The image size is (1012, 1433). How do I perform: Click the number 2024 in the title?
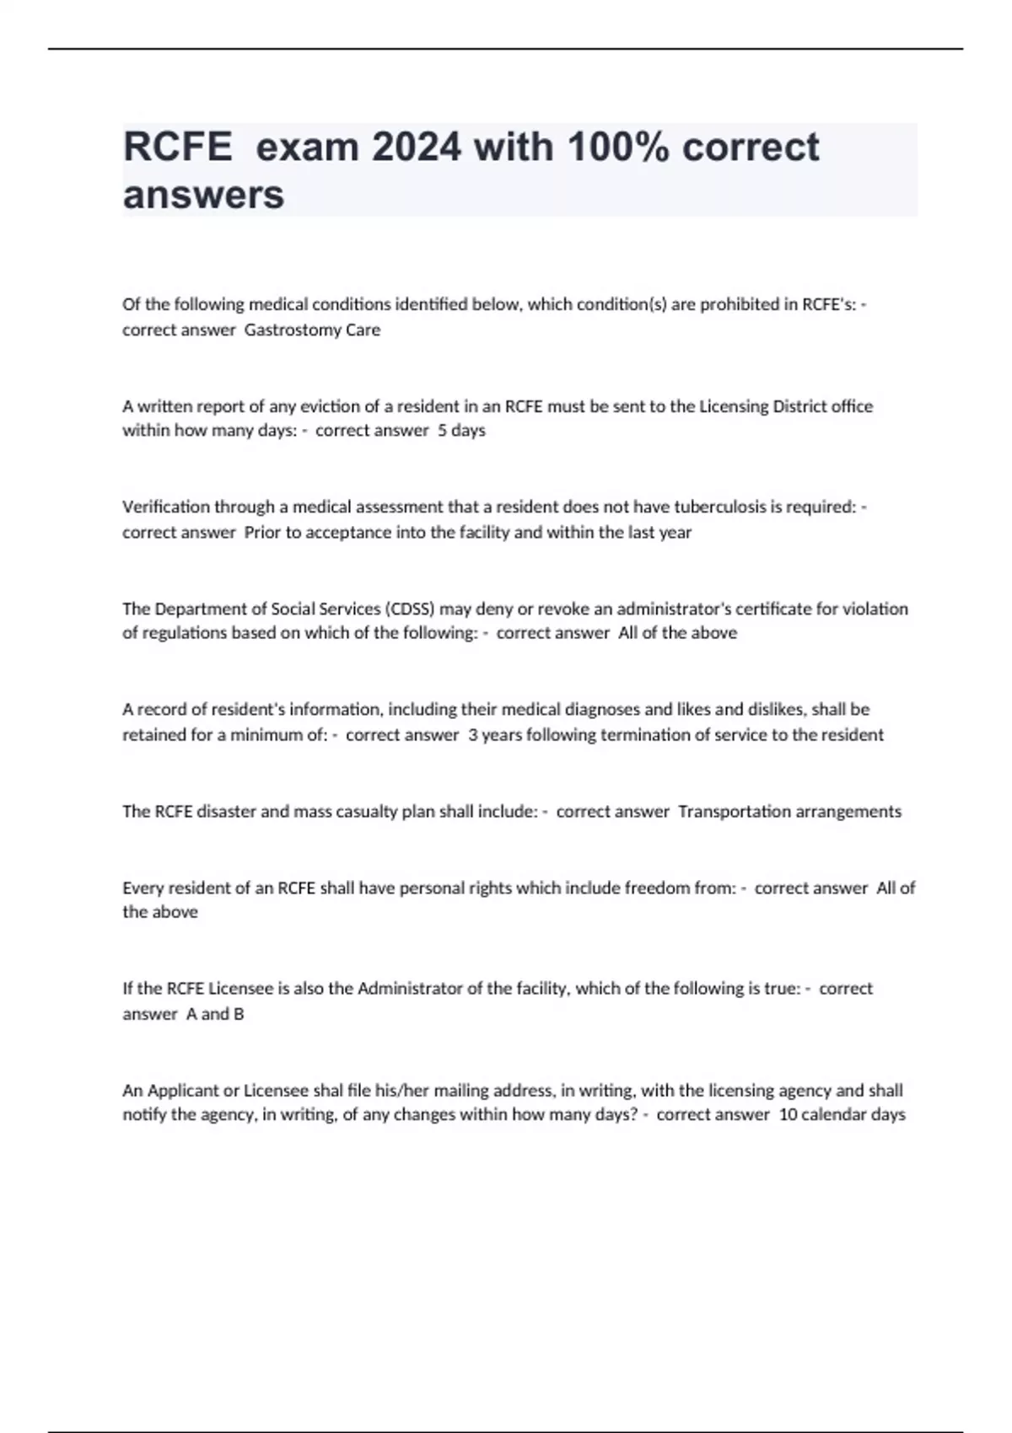pos(417,148)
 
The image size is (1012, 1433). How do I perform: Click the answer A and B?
pos(215,1014)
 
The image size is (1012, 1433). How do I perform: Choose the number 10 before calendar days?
pos(788,1114)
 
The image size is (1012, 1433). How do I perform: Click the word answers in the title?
pos(203,195)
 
